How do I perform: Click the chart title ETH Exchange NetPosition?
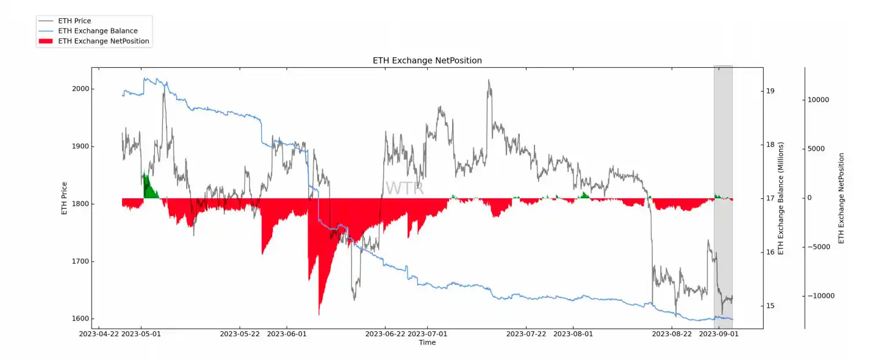pyautogui.click(x=427, y=60)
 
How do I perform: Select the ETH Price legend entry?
pyautogui.click(x=74, y=21)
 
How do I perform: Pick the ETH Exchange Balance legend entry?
pyautogui.click(x=98, y=31)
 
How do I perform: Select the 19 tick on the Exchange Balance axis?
pyautogui.click(x=771, y=91)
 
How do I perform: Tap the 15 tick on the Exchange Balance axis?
pyautogui.click(x=771, y=306)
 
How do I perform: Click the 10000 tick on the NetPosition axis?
pyautogui.click(x=818, y=100)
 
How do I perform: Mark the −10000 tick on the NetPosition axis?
pyautogui.click(x=816, y=296)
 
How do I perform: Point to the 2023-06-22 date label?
pyautogui.click(x=385, y=334)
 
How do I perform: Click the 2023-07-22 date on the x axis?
pyautogui.click(x=526, y=334)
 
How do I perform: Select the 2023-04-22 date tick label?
pyautogui.click(x=98, y=334)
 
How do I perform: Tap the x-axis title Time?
pyautogui.click(x=427, y=342)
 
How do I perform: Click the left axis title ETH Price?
pyautogui.click(x=65, y=198)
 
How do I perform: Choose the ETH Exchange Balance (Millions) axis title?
pyautogui.click(x=781, y=198)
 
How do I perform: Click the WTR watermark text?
pyautogui.click(x=405, y=188)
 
